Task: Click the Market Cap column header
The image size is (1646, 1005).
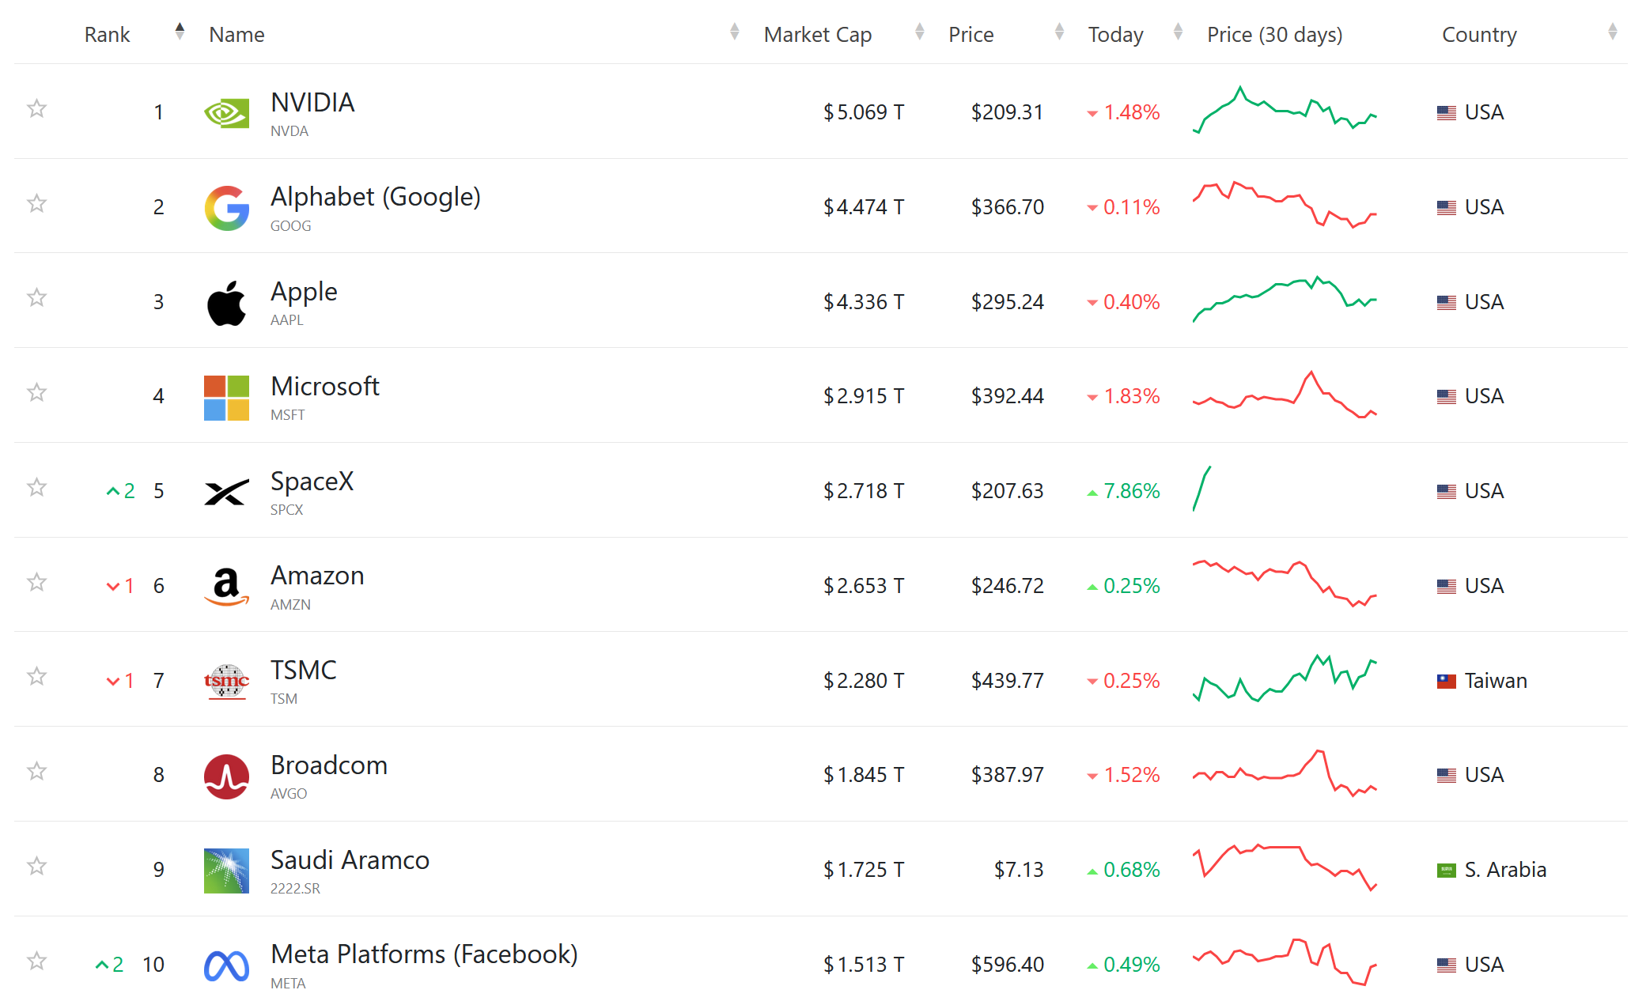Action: pos(817,35)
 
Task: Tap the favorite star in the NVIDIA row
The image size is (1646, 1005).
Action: pos(36,108)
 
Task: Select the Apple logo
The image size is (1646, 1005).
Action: pos(227,302)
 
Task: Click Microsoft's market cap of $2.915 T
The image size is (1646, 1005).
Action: pos(863,396)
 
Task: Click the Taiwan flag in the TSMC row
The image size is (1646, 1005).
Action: pos(1447,681)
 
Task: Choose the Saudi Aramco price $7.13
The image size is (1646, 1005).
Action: pos(1018,870)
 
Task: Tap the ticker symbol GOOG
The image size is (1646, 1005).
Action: pos(290,226)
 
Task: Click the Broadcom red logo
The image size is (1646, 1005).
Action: pos(227,776)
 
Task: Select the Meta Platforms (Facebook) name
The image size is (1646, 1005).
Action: pos(424,954)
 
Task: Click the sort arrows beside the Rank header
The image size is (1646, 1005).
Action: pos(180,32)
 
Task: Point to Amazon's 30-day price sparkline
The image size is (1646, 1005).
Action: pos(1285,583)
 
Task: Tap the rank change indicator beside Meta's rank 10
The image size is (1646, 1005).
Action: pos(110,965)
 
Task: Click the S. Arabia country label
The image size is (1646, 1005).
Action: pos(1505,870)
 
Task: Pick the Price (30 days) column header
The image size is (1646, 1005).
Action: pos(1274,35)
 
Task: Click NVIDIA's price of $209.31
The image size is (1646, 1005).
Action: pos(1007,112)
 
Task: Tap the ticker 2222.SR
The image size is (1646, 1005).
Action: pos(295,889)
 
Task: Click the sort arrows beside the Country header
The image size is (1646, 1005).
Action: pos(1612,32)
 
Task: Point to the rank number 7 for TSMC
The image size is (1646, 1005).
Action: pos(159,681)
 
